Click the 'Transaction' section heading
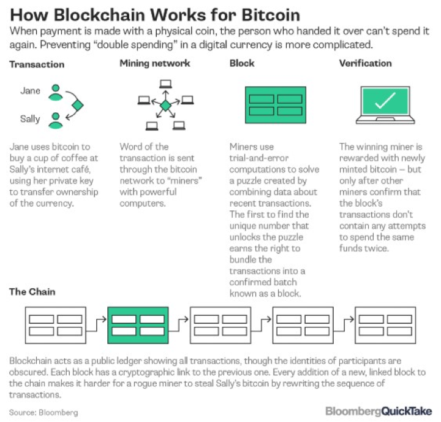(x=37, y=64)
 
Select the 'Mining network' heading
(x=155, y=64)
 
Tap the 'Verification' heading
(x=366, y=64)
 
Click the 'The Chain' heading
(x=32, y=291)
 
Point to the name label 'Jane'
(x=31, y=91)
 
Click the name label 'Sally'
(x=31, y=118)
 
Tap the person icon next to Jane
(x=56, y=93)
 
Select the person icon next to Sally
(x=56, y=120)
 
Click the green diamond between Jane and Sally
(x=77, y=105)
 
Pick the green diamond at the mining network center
(x=165, y=106)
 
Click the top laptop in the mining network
(x=165, y=84)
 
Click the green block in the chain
(x=138, y=324)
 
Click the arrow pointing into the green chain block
(x=99, y=320)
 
